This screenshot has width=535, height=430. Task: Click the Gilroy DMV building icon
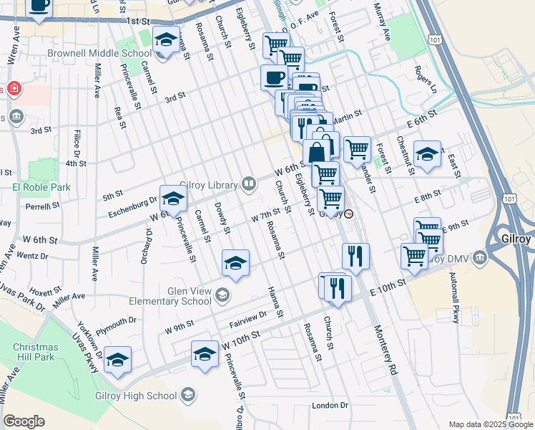478,257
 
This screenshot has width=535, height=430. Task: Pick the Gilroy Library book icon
249,184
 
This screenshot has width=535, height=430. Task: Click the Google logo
24,421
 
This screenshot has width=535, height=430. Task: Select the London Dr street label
330,406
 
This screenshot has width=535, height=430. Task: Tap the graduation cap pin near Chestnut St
427,153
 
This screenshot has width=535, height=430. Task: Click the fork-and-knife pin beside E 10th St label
338,287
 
